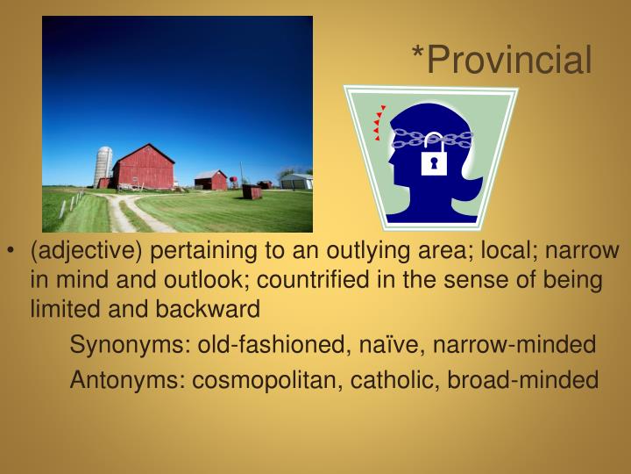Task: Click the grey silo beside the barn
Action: pyautogui.click(x=103, y=166)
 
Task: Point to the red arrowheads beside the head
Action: pyautogui.click(x=379, y=122)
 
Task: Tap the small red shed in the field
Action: pyautogui.click(x=252, y=191)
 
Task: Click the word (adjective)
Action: pyautogui.click(x=87, y=251)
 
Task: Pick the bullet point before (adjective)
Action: pyautogui.click(x=11, y=252)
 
